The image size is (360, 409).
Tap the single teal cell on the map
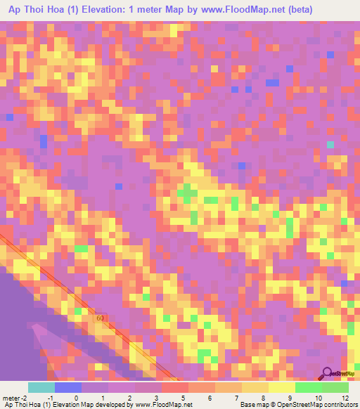(330, 145)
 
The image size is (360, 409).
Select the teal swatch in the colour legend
(41, 387)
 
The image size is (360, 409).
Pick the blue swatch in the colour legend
(68, 387)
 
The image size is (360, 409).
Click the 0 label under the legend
(75, 398)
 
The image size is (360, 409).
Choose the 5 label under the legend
(182, 398)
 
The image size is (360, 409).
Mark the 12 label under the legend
(345, 398)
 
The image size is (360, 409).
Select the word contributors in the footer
(340, 405)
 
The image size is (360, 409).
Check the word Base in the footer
(247, 405)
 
